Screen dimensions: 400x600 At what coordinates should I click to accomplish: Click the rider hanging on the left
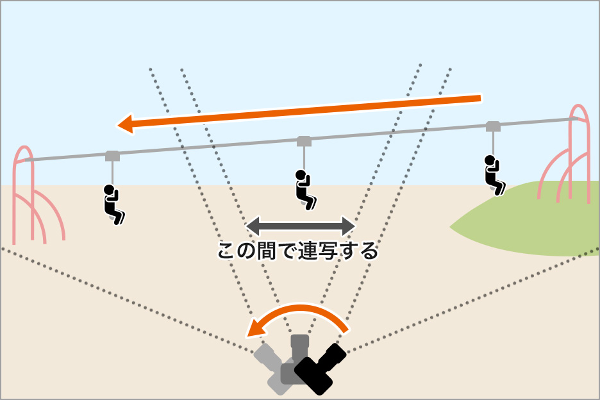click(x=112, y=204)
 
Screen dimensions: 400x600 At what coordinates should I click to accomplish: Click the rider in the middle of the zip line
click(x=304, y=189)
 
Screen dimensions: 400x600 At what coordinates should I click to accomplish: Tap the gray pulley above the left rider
click(x=112, y=155)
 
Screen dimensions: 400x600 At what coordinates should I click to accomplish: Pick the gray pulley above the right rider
click(x=493, y=126)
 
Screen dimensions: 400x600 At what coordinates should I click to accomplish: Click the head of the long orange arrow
click(x=125, y=124)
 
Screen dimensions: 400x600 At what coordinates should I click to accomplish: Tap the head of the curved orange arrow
click(x=255, y=329)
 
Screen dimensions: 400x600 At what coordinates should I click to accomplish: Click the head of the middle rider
click(x=300, y=174)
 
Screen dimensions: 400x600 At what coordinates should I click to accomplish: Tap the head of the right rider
click(x=490, y=159)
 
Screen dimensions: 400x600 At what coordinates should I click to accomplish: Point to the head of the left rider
click(x=109, y=189)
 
